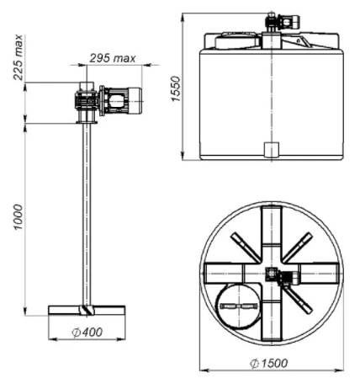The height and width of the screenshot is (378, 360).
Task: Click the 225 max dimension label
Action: pyautogui.click(x=18, y=57)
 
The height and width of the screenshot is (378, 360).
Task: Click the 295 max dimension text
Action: pyautogui.click(x=113, y=58)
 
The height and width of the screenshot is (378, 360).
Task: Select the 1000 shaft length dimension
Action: pyautogui.click(x=18, y=217)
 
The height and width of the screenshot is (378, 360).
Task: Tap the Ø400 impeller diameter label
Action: pyautogui.click(x=87, y=333)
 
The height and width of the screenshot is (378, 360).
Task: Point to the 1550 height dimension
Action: pyautogui.click(x=176, y=88)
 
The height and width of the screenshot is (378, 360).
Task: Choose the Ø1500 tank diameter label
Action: pyautogui.click(x=268, y=363)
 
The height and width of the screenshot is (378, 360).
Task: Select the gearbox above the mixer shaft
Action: pyautogui.click(x=87, y=100)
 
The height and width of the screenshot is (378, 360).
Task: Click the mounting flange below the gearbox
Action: pyautogui.click(x=87, y=122)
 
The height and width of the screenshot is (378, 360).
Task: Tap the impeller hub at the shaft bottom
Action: pyautogui.click(x=87, y=311)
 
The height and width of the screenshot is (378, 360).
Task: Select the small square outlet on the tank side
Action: pyautogui.click(x=272, y=150)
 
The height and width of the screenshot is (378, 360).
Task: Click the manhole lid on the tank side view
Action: pyautogui.click(x=237, y=40)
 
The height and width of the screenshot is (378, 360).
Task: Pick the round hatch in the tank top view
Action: pyautogui.click(x=239, y=306)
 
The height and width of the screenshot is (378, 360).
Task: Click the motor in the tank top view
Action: pyautogui.click(x=290, y=278)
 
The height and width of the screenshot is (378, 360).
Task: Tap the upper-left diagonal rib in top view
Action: pyautogui.click(x=245, y=248)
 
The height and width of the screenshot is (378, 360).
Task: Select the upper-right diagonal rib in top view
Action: pyautogui.click(x=298, y=248)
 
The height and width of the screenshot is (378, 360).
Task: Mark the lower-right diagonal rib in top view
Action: pyautogui.click(x=299, y=300)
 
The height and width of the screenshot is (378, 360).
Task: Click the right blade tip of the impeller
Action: pyautogui.click(x=124, y=310)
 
